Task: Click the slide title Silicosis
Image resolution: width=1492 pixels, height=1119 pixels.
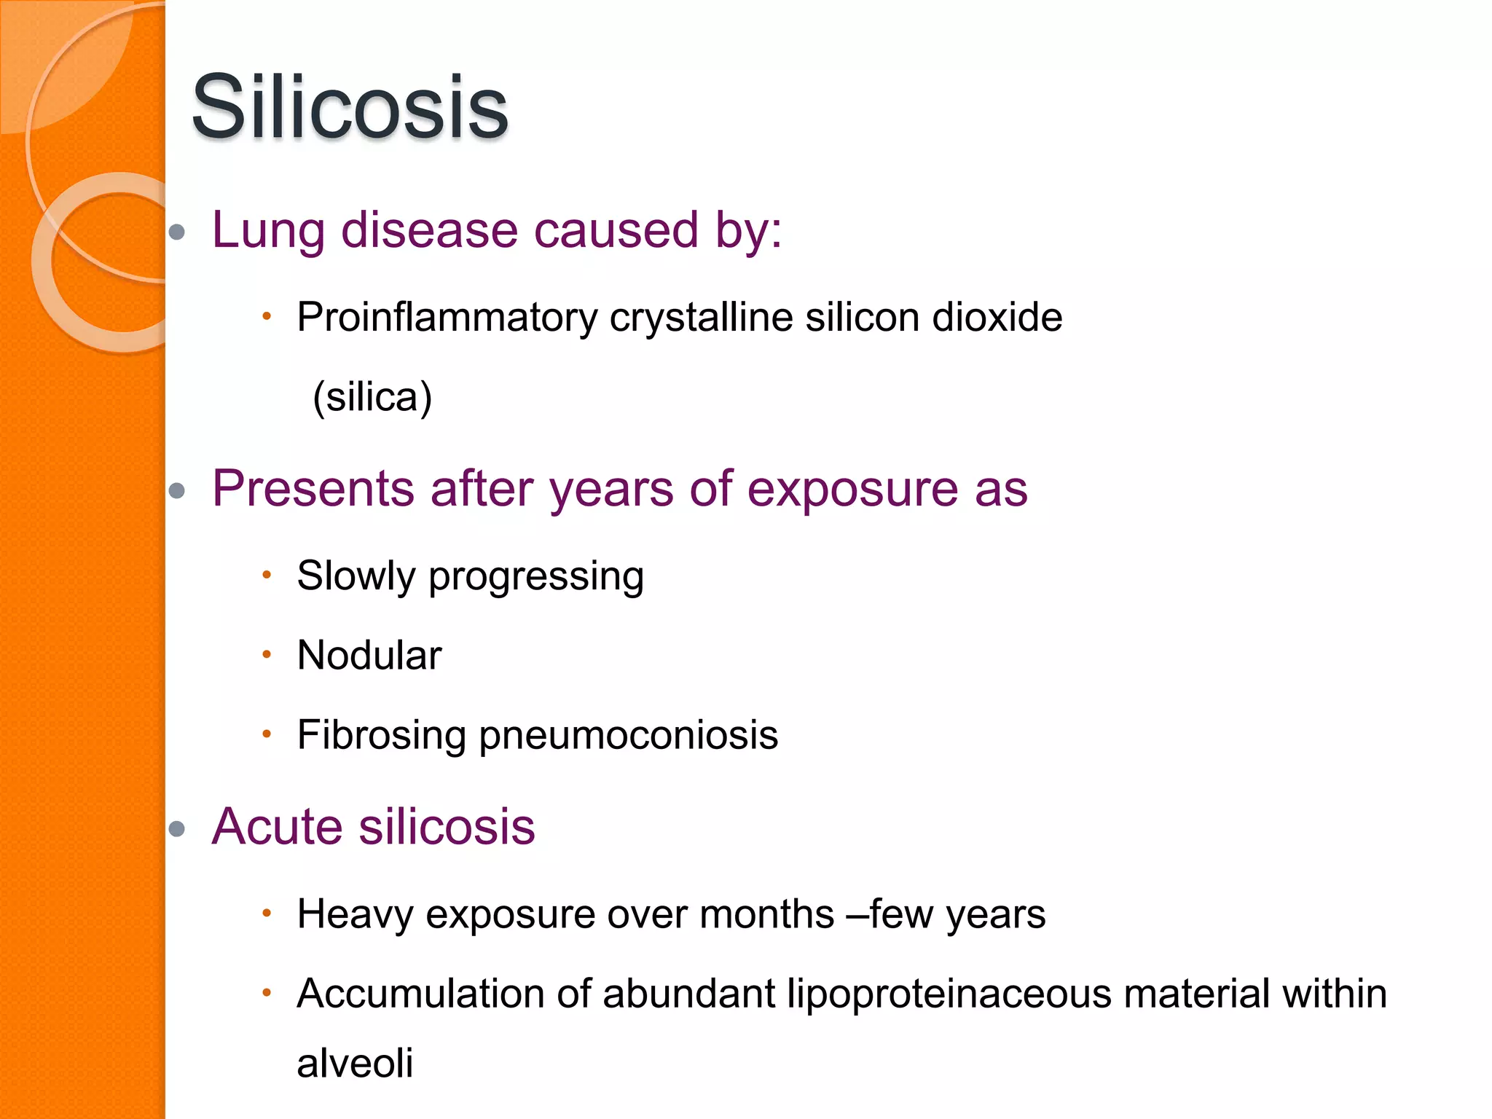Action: (x=350, y=108)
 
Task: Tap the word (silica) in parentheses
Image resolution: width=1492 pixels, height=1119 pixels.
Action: (x=372, y=397)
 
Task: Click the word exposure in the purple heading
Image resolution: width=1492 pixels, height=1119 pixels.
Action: (x=852, y=490)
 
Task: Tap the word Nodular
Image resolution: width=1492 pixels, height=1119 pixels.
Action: (x=369, y=655)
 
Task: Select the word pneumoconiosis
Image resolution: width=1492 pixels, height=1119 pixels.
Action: (x=628, y=735)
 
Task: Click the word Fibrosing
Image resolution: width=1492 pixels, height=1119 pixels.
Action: (x=381, y=735)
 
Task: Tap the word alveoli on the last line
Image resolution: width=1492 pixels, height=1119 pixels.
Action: (x=355, y=1063)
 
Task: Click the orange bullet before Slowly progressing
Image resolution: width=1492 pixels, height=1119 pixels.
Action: (x=267, y=575)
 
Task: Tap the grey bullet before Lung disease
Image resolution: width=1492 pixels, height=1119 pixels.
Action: (x=176, y=232)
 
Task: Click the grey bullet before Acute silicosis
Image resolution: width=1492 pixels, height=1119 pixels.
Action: (x=176, y=828)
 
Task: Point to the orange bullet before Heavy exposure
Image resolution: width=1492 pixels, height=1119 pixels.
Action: (x=267, y=913)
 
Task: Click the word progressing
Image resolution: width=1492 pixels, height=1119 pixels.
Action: (x=535, y=577)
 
